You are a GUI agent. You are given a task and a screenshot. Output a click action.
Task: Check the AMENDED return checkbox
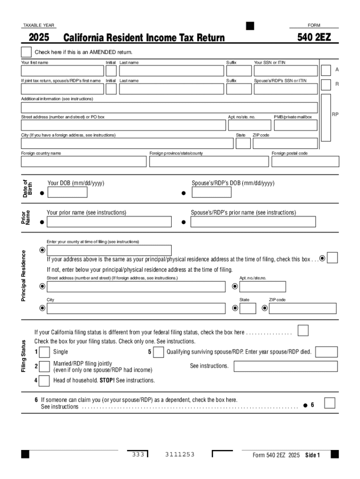(26, 52)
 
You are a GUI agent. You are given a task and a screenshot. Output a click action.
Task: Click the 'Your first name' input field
(62, 71)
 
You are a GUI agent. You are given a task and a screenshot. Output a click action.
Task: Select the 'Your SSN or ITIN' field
(285, 71)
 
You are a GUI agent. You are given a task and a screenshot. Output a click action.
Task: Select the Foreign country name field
(84, 161)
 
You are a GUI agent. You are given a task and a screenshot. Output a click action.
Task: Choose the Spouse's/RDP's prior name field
(263, 222)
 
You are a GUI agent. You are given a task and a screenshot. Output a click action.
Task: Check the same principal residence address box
(332, 258)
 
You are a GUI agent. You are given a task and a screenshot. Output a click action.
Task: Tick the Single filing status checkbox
(44, 352)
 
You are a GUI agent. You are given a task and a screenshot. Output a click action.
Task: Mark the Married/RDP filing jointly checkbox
(44, 366)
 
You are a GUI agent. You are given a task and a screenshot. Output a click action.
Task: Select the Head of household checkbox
(44, 381)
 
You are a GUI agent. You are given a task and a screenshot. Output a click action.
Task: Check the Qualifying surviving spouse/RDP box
(158, 352)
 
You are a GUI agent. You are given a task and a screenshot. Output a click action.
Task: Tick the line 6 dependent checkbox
(330, 403)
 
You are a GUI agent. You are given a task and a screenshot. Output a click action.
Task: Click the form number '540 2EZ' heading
(314, 37)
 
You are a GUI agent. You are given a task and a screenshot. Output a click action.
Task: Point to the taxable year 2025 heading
(40, 37)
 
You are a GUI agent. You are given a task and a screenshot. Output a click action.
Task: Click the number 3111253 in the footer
(180, 455)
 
